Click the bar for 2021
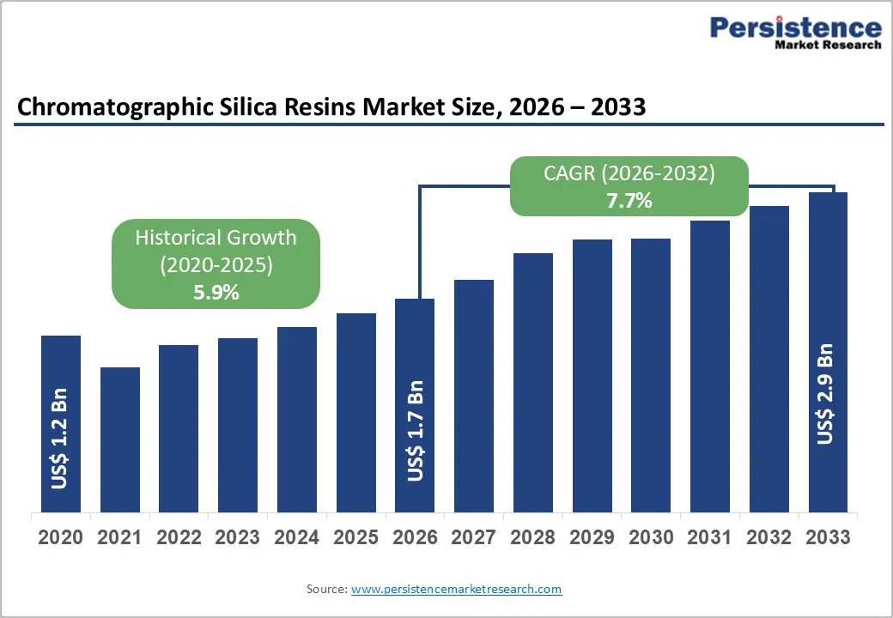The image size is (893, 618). (x=119, y=439)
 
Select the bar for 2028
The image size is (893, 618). (x=532, y=383)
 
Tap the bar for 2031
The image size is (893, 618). (x=709, y=367)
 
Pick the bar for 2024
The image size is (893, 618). (x=296, y=420)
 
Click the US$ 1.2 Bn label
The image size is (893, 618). (x=60, y=439)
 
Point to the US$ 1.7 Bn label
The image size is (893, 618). (x=415, y=430)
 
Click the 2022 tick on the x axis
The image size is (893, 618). (x=179, y=537)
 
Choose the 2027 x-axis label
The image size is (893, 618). (x=474, y=537)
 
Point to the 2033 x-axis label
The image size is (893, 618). (x=828, y=537)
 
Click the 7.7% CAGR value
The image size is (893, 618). (x=629, y=202)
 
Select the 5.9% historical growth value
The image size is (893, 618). (x=216, y=292)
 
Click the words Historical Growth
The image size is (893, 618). (x=216, y=237)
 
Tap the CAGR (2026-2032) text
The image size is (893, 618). (x=629, y=173)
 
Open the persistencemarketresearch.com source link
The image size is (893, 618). (x=456, y=589)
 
